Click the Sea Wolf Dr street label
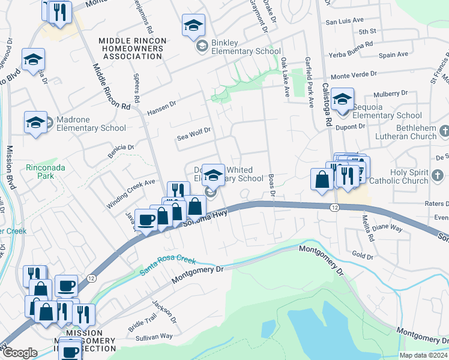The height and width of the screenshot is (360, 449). point(194,138)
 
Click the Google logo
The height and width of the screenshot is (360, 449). point(20,353)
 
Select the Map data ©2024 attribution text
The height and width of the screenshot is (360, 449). point(423,355)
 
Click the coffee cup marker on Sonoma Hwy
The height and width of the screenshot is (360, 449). point(147,220)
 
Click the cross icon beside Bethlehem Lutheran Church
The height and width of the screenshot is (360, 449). point(444,131)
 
